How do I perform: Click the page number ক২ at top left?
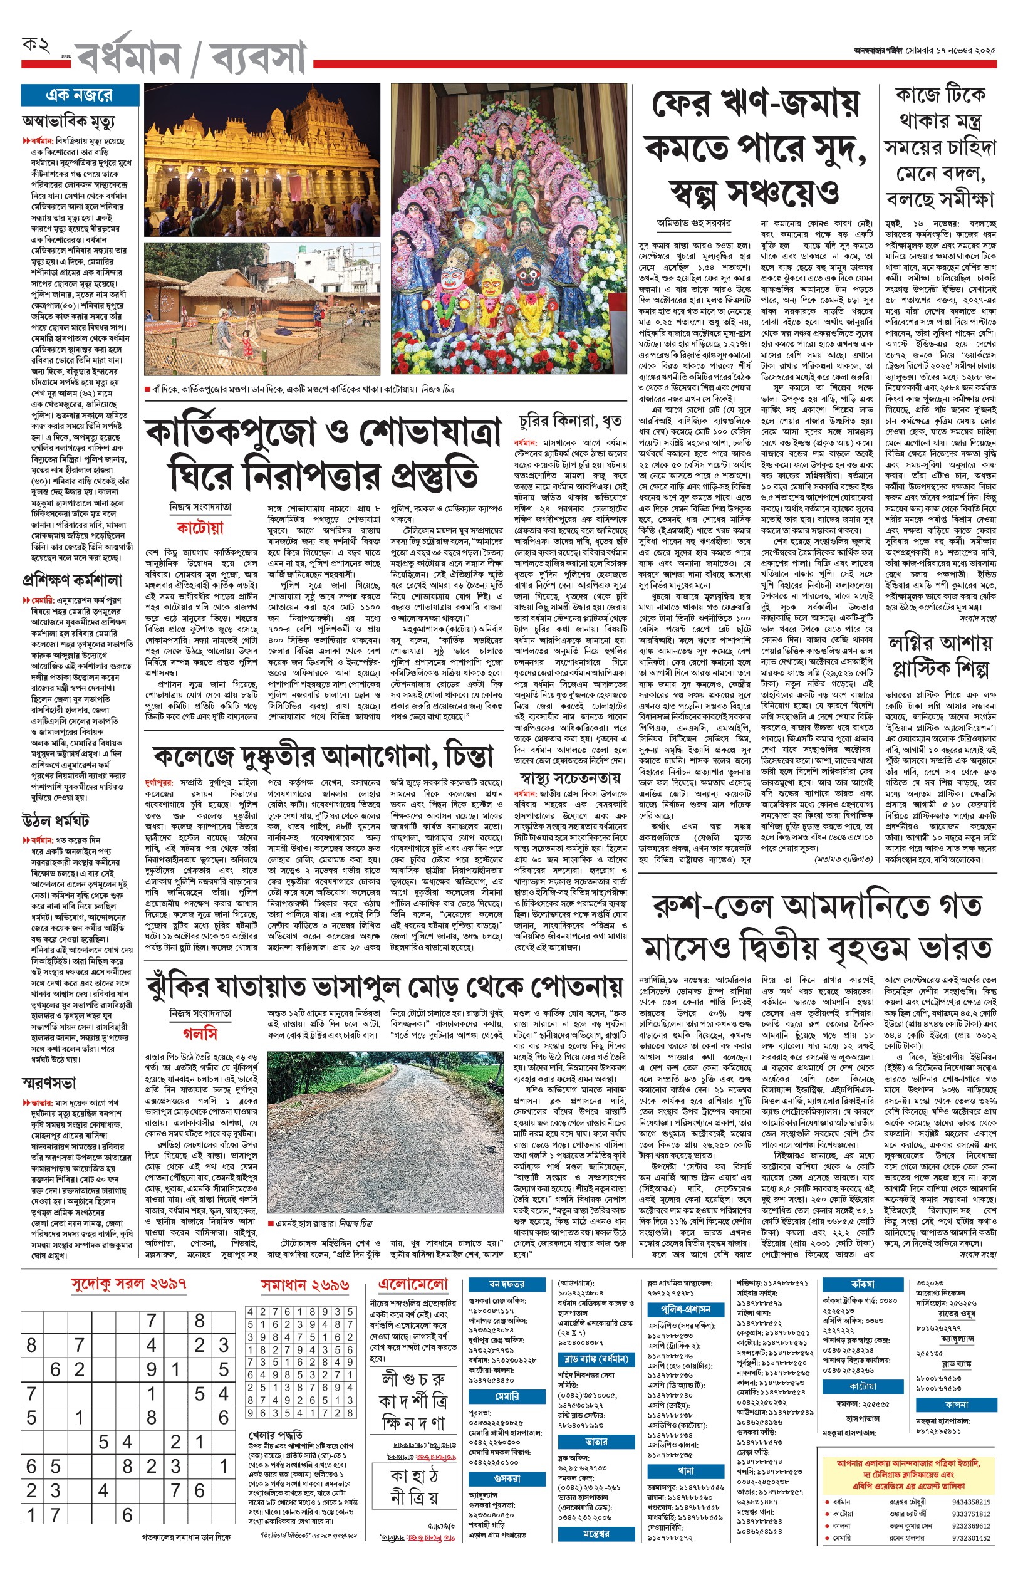(x=36, y=46)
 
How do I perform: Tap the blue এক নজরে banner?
(x=80, y=95)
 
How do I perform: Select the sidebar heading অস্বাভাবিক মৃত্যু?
(x=68, y=122)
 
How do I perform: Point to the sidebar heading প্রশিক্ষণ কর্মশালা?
(x=72, y=580)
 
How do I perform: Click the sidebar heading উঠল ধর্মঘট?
(x=56, y=821)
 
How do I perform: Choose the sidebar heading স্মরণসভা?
(x=49, y=1083)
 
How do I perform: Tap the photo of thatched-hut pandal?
(x=262, y=309)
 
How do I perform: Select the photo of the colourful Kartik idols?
(x=509, y=229)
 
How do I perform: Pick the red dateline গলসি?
(x=200, y=1033)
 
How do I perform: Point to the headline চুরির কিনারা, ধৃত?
(x=570, y=421)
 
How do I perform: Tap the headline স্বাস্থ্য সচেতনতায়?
(x=570, y=777)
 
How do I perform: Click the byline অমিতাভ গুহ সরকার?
(x=693, y=224)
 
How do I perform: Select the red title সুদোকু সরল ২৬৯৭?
(x=128, y=1284)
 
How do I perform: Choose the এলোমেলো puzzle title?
(x=412, y=1284)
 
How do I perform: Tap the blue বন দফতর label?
(x=507, y=1284)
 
